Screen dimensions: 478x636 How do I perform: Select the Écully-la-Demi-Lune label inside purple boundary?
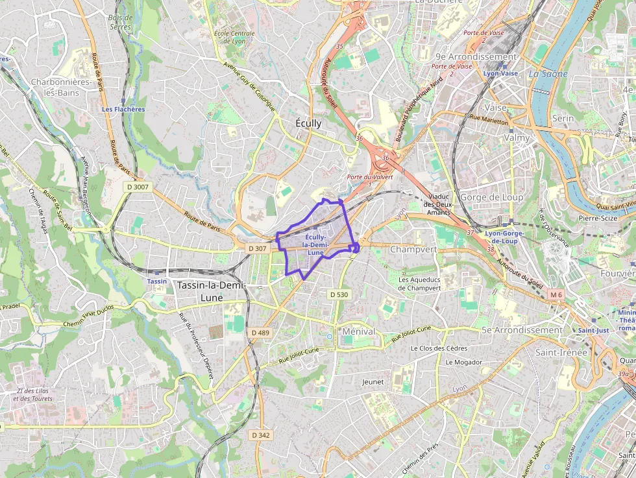point(315,245)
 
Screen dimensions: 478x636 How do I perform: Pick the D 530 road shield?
point(339,294)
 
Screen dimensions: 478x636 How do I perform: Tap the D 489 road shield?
point(260,332)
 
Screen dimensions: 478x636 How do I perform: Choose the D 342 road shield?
point(260,435)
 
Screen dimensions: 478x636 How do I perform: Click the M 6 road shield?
point(556,294)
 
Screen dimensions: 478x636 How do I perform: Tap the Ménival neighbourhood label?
point(359,331)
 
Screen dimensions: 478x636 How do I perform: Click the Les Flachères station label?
point(123,109)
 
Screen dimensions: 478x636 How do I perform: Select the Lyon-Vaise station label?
point(500,73)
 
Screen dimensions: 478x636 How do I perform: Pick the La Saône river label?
point(548,74)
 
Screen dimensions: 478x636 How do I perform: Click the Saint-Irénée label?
point(561,352)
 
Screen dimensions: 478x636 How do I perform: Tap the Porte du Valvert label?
point(363,176)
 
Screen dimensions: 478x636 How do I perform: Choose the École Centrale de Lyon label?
point(234,37)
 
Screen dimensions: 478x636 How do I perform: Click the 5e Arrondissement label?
point(522,330)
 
